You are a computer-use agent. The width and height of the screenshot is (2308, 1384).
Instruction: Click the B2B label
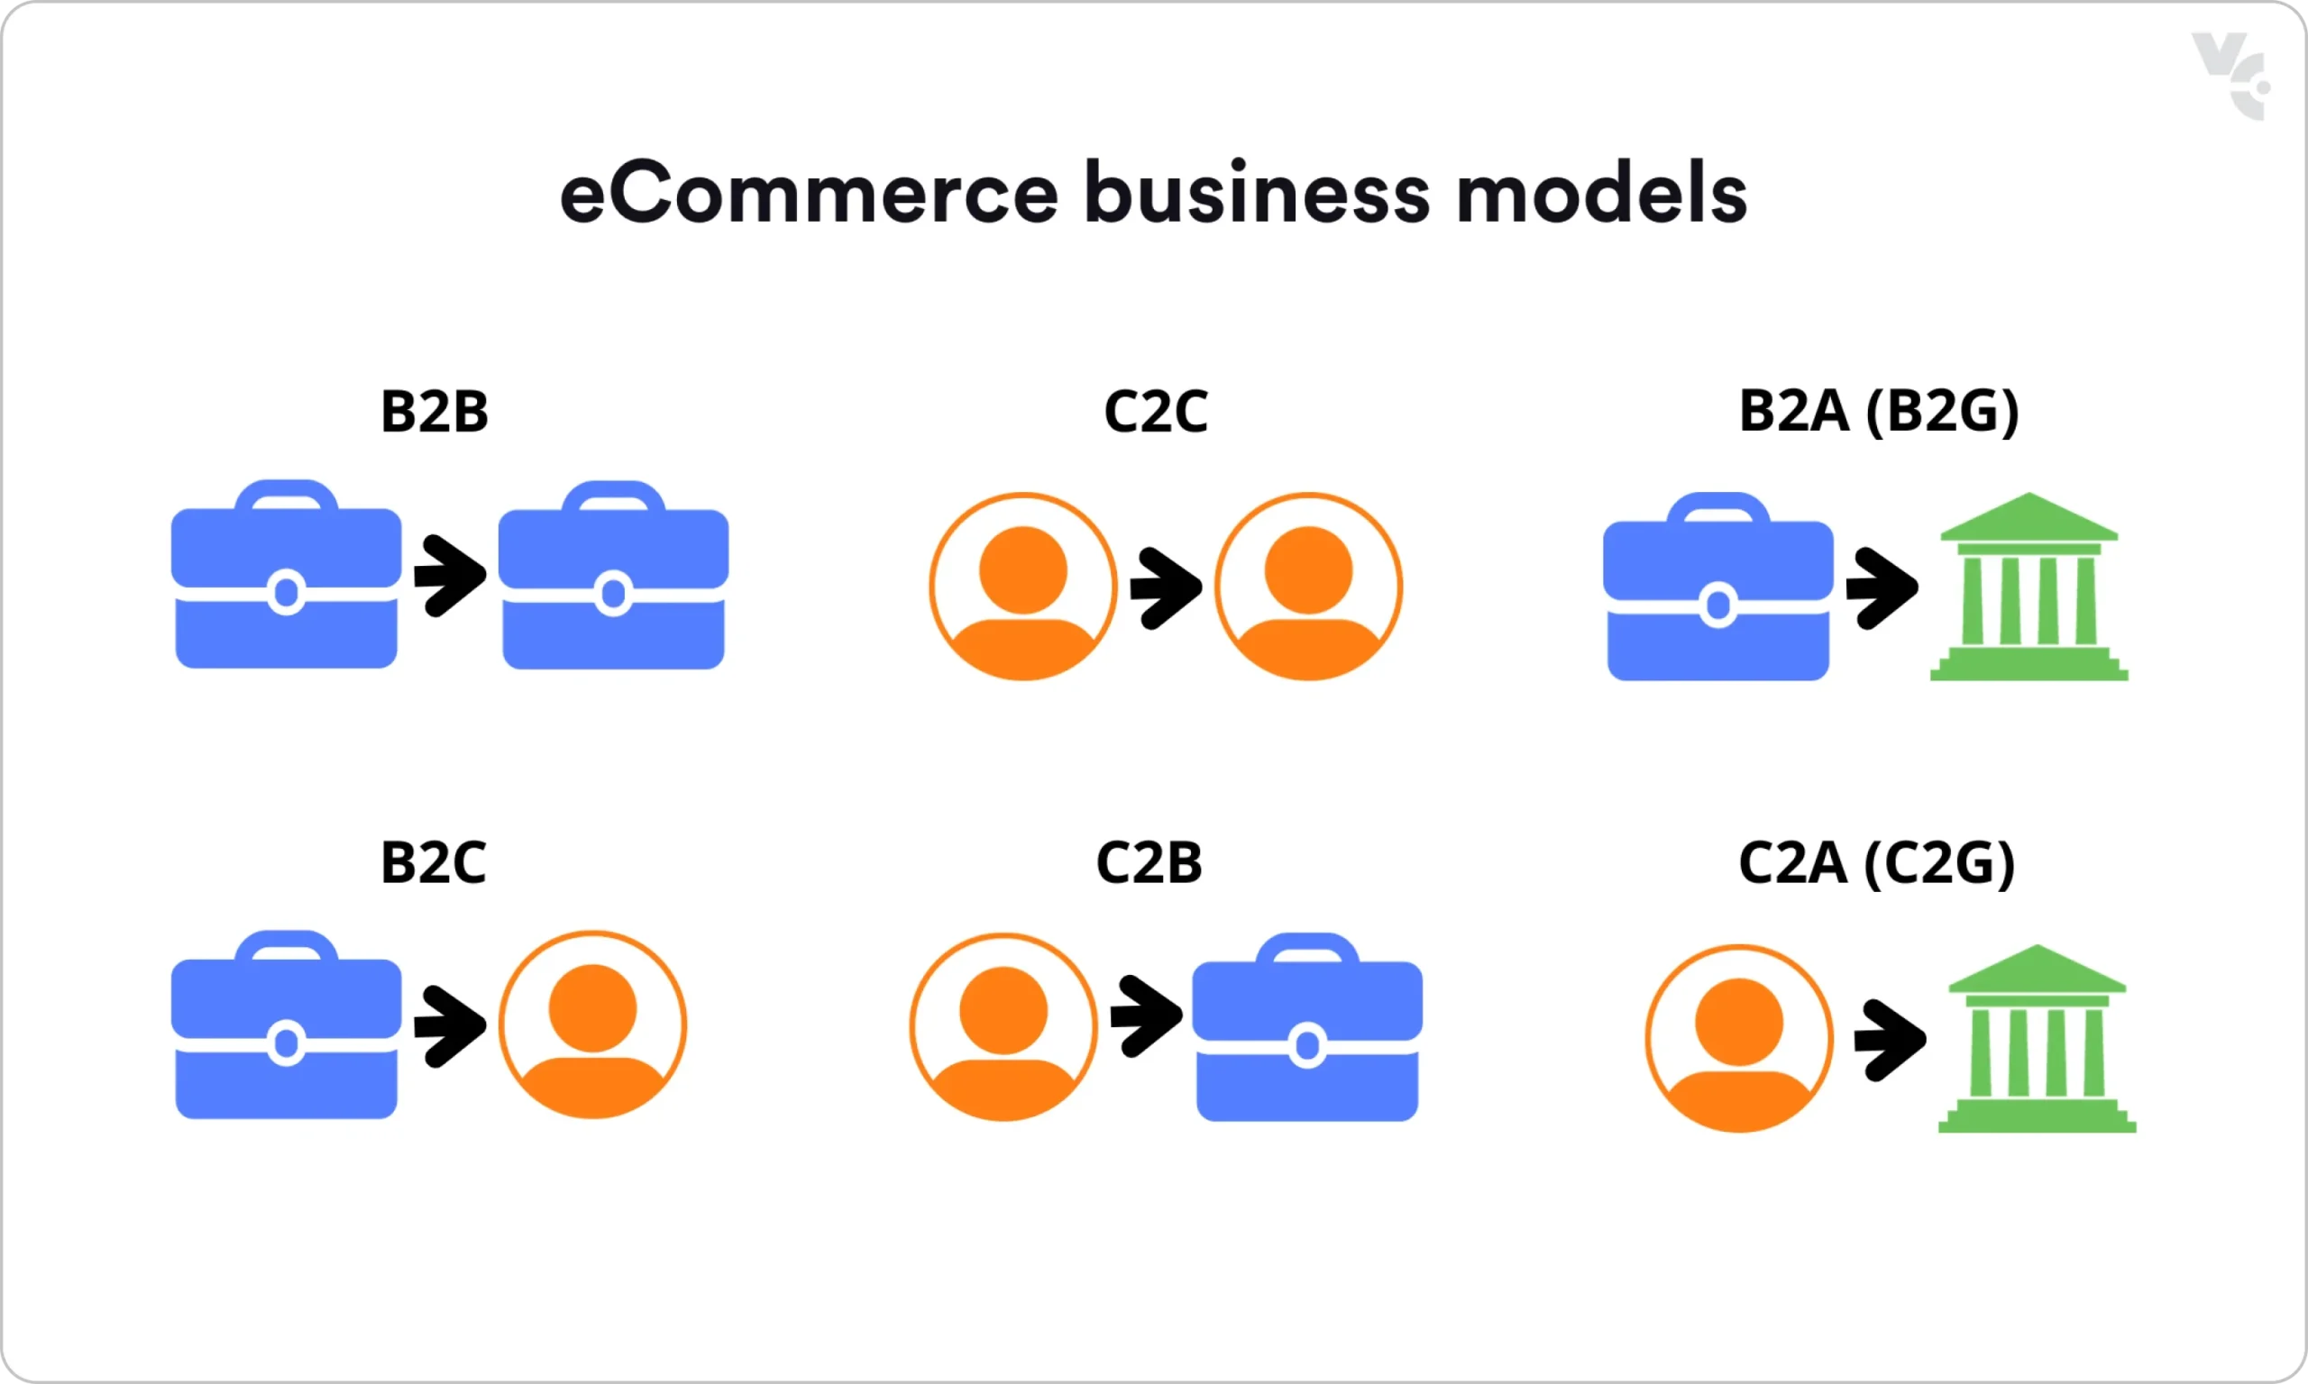[x=434, y=411]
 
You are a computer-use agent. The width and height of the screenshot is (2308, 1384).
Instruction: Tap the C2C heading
[x=1155, y=411]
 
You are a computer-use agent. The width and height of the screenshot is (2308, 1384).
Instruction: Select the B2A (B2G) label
[x=1879, y=411]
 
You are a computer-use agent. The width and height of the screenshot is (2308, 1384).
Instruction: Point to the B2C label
[x=433, y=862]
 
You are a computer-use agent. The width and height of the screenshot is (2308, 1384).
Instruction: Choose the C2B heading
[x=1149, y=862]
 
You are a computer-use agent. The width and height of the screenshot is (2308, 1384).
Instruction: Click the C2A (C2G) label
[x=1877, y=862]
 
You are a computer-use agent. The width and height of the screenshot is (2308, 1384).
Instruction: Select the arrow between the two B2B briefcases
[x=450, y=576]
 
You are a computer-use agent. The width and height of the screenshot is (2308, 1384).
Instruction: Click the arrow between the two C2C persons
[x=1165, y=587]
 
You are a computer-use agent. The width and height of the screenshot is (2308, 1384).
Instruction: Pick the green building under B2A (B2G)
[x=2029, y=587]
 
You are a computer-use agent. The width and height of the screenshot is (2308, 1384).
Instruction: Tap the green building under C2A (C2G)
[x=2037, y=1039]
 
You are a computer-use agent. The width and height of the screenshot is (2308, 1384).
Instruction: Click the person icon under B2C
[x=592, y=1025]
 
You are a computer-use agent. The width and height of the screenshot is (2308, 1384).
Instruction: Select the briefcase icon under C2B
[x=1307, y=1029]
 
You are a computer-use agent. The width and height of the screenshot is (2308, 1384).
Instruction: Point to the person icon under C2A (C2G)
[x=1739, y=1039]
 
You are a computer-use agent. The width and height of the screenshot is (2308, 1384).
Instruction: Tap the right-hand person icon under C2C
[x=1308, y=587]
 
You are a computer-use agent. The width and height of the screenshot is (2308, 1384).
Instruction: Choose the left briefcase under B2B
[x=287, y=577]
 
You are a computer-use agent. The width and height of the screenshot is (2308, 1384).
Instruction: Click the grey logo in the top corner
[x=2230, y=77]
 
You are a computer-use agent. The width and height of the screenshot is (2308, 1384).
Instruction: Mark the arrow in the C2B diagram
[x=1146, y=1015]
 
